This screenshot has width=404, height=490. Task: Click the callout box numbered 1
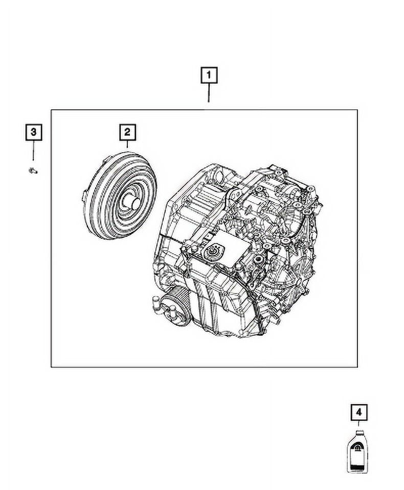point(208,76)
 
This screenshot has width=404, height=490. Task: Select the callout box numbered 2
point(127,133)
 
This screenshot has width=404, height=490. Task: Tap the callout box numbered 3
point(33,133)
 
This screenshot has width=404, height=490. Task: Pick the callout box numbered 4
point(359,412)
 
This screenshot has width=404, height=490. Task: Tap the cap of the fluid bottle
point(359,431)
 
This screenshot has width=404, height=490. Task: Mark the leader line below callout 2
point(127,146)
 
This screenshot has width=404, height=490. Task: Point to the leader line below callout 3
point(33,152)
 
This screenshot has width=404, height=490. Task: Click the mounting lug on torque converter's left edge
point(84,194)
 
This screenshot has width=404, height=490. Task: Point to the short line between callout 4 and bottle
point(359,424)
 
